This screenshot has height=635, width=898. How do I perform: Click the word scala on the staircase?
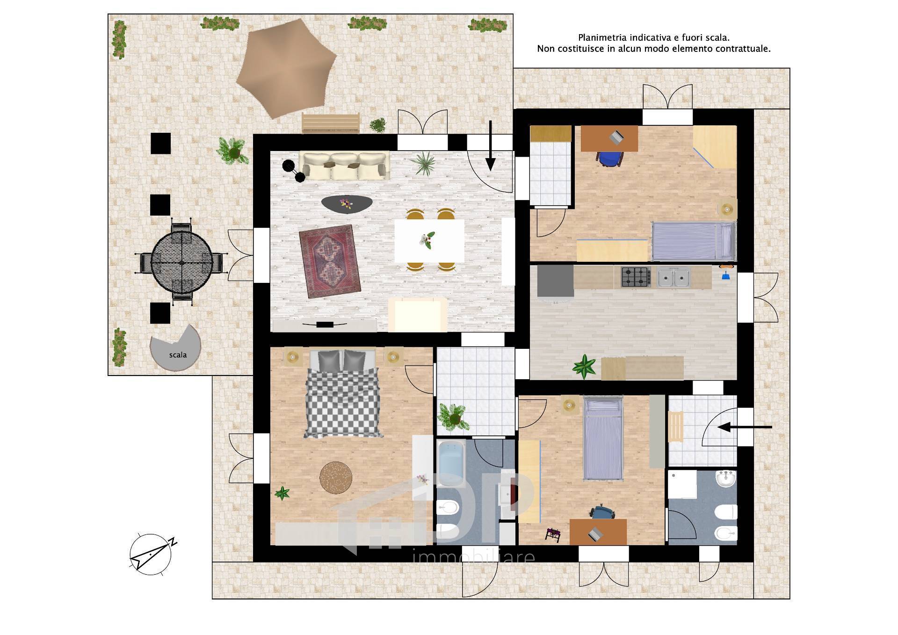[x=178, y=355]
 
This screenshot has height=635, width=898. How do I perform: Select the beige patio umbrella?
[x=286, y=68]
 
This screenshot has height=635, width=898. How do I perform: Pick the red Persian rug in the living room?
[x=330, y=261]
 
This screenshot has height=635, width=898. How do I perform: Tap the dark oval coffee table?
[x=347, y=203]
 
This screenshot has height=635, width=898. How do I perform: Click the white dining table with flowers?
[x=429, y=240]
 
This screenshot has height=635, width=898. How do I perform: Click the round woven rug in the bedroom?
[x=335, y=477]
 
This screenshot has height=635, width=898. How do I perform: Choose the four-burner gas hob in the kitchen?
[x=636, y=277]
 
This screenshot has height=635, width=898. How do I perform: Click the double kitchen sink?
[x=674, y=277]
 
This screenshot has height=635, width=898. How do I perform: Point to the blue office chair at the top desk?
[x=610, y=159]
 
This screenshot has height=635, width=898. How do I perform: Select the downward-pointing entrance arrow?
[x=490, y=145]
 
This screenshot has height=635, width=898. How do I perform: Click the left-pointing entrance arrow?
[x=744, y=427]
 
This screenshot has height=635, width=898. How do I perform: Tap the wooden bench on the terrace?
[x=331, y=123]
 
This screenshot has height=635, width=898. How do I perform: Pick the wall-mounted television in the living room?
[x=324, y=324]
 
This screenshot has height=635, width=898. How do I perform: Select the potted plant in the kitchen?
[x=584, y=366]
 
